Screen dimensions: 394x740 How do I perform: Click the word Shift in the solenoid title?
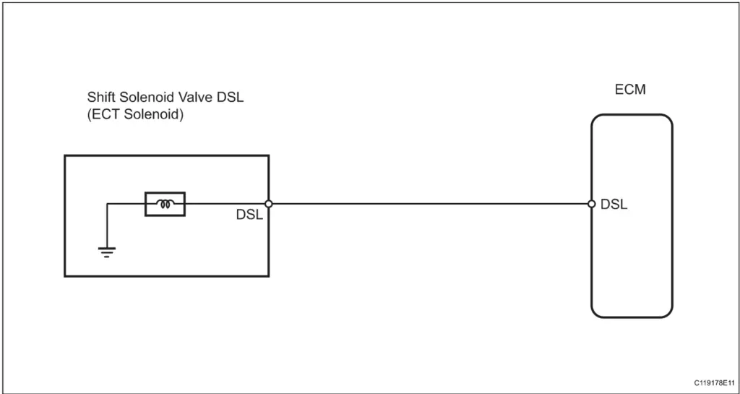click(100, 97)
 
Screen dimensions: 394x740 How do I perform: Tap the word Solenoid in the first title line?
click(145, 97)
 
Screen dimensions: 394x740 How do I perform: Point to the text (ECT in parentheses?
click(104, 114)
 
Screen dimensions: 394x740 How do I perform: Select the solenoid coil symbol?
click(165, 205)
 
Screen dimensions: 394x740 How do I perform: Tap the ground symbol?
click(107, 252)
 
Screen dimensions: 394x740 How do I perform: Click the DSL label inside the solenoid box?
click(249, 215)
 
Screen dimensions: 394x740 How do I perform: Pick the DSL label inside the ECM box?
click(614, 205)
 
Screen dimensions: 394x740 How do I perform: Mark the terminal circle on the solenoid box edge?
click(269, 204)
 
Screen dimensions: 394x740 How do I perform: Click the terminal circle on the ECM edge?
click(591, 204)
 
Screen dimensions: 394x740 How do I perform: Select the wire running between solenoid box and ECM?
click(430, 204)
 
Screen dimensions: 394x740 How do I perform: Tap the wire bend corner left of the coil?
click(108, 205)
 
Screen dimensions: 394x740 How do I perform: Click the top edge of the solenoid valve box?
click(166, 155)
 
